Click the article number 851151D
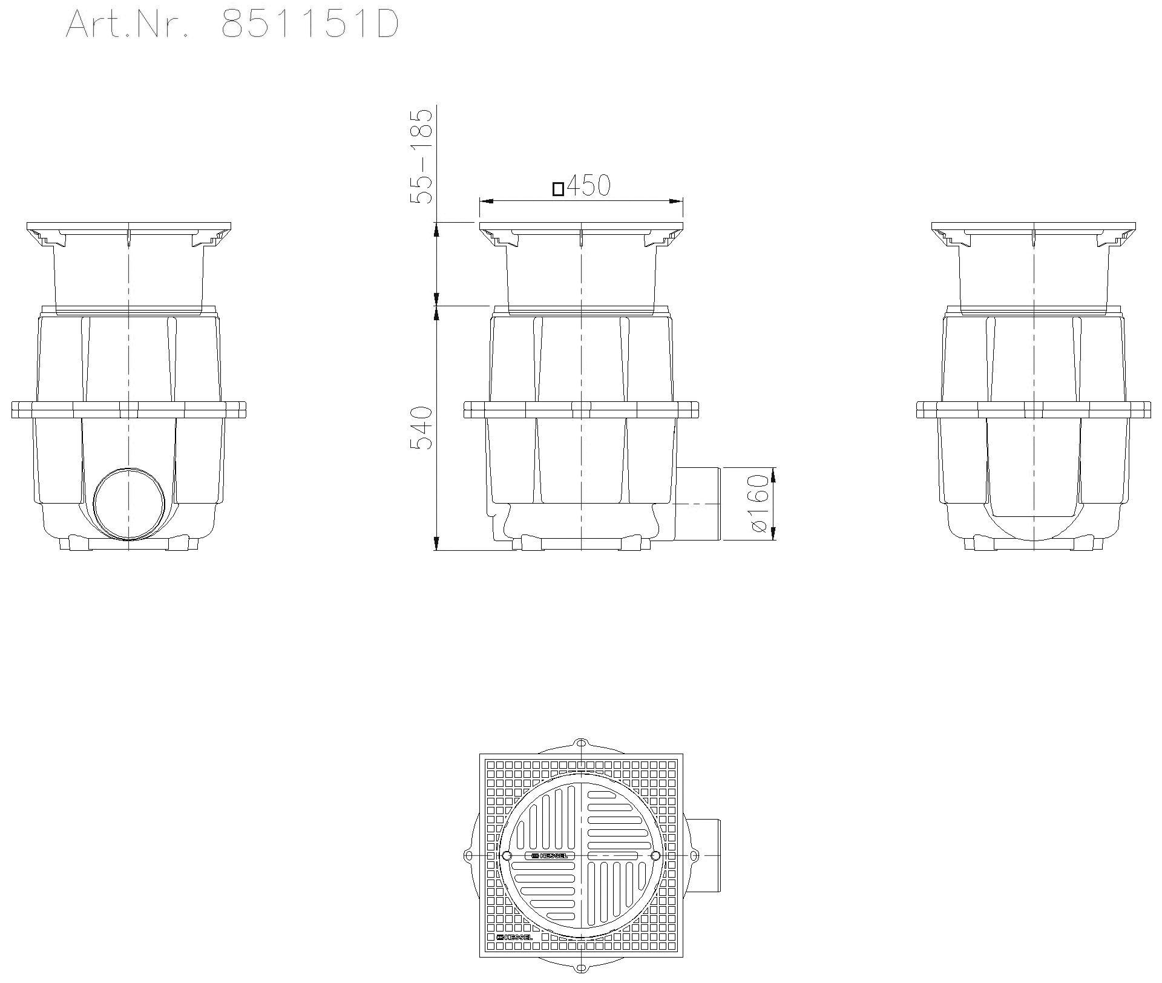[309, 25]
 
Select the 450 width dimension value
[588, 186]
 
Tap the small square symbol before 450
[558, 189]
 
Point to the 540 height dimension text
[422, 428]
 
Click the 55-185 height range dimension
[422, 156]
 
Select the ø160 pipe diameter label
[760, 504]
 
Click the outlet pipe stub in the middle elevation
[698, 504]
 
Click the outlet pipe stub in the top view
[703, 855]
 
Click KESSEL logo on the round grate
[550, 856]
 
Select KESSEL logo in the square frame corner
[514, 938]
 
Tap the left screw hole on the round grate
[507, 856]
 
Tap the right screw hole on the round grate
[655, 856]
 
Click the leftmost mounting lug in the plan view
[467, 856]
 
